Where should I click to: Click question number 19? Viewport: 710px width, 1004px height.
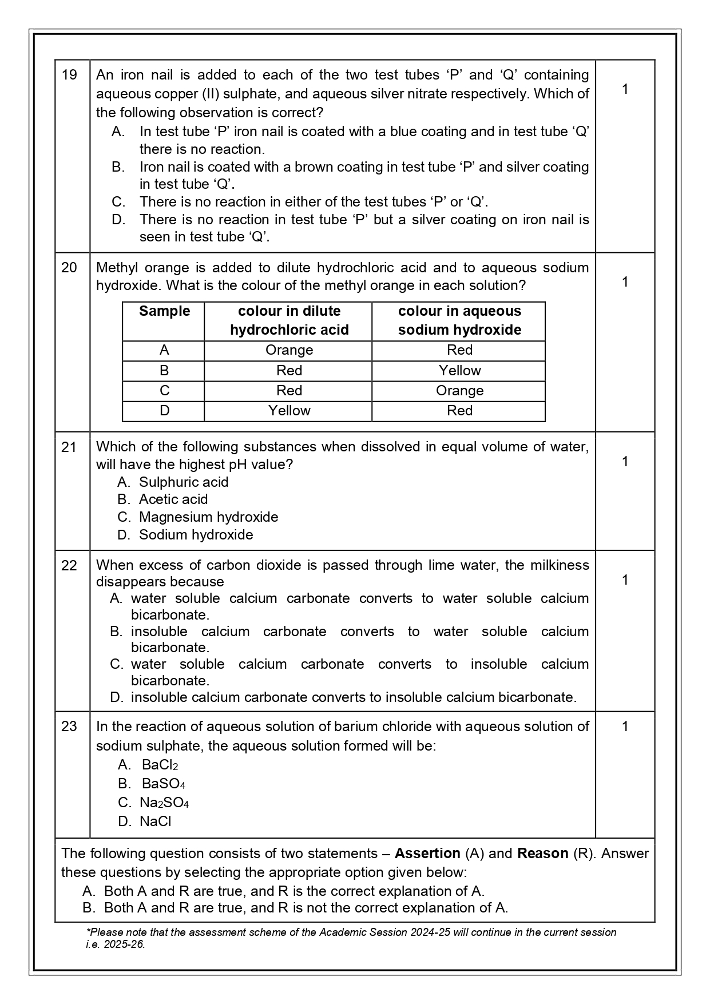69,75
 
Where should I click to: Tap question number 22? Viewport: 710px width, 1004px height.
69,565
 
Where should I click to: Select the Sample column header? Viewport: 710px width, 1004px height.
164,311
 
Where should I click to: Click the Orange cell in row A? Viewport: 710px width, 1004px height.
289,350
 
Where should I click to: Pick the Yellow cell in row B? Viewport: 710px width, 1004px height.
459,371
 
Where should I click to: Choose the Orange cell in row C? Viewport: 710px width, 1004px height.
459,391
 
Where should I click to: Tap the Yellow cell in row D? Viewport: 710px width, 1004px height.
289,411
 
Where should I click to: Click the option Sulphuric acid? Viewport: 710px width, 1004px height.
183,482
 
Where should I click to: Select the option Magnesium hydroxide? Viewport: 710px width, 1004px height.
208,517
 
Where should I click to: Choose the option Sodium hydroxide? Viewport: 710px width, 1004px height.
196,535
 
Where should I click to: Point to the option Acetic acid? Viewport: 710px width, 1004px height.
173,499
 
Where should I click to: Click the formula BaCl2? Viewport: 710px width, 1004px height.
160,765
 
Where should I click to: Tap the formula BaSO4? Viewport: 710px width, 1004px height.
163,784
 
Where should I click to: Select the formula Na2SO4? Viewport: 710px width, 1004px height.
164,803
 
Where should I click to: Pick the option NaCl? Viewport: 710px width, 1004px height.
155,822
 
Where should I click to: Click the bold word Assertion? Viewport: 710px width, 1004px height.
427,854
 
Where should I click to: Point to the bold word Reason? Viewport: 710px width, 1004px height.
542,854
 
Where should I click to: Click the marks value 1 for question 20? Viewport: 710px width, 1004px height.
625,282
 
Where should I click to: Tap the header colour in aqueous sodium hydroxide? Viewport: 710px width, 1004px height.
459,320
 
